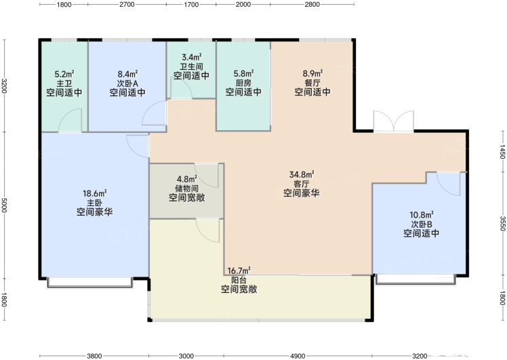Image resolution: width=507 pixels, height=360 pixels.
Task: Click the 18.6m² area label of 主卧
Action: [95, 193]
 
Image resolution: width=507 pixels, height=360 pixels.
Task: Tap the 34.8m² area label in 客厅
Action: [302, 174]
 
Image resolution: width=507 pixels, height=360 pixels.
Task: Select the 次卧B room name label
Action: [422, 224]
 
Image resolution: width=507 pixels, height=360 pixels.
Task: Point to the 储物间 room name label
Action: [187, 188]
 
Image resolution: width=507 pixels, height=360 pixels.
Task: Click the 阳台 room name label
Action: [239, 280]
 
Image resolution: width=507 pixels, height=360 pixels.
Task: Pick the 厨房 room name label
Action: [243, 83]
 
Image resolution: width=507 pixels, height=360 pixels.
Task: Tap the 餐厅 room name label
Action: [312, 83]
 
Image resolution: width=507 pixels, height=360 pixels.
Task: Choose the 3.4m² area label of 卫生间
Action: [191, 57]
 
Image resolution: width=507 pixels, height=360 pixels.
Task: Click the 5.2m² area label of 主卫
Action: [64, 74]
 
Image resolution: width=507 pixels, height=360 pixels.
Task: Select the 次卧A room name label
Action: [127, 83]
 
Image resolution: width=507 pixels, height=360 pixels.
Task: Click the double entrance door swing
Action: [394, 121]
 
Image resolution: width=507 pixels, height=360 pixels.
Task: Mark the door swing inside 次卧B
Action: [449, 184]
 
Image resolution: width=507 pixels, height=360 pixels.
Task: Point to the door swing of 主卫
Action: [70, 120]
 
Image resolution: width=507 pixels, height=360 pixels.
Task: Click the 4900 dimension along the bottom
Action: [298, 356]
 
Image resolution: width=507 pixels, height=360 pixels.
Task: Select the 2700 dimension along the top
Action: [127, 4]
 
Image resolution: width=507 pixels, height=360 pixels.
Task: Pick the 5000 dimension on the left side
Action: [4, 205]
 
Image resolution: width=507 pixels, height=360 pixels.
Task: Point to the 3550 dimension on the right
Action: [502, 224]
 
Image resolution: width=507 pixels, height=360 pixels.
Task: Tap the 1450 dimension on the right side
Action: [502, 151]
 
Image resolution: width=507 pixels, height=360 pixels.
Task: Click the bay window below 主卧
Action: [90, 282]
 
